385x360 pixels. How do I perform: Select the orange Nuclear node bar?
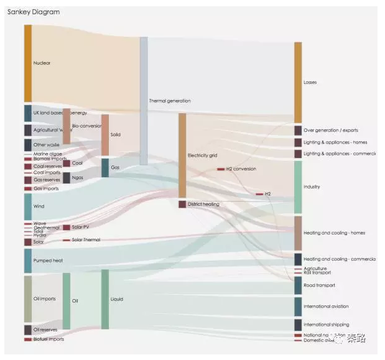pos(27,63)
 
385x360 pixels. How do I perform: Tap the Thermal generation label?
pos(170,101)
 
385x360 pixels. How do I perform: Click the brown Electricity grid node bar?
pos(182,155)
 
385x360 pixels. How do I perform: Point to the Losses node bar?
pos(298,82)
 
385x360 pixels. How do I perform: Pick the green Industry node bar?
pos(298,187)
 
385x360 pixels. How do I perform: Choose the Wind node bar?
pos(27,206)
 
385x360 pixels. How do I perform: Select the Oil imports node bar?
pos(27,299)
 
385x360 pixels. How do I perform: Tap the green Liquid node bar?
pos(104,299)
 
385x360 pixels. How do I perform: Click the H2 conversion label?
pos(241,169)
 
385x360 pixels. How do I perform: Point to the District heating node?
pos(182,204)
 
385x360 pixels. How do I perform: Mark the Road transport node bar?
pos(298,285)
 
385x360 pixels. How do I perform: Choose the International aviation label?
pos(326,307)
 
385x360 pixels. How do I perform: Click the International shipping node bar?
pos(298,325)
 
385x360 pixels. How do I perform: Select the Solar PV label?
pos(81,228)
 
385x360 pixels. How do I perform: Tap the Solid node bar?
pos(104,135)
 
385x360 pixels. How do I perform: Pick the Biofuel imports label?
pos(49,339)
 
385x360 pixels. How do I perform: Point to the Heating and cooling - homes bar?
pos(298,233)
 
